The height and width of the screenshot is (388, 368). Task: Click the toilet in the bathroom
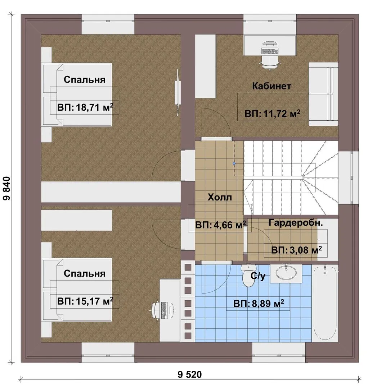tap(248, 276)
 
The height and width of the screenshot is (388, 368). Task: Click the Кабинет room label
tap(271, 86)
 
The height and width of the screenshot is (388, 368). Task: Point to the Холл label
tap(220, 197)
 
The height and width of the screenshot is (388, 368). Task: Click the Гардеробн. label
tap(296, 223)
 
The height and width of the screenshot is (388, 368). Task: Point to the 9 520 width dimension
tap(190, 374)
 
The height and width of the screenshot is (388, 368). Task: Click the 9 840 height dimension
tap(7, 188)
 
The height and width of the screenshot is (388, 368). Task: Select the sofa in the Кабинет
tap(323, 94)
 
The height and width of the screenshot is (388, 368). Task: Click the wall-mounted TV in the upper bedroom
tap(177, 92)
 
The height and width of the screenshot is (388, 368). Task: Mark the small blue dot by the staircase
tap(234, 163)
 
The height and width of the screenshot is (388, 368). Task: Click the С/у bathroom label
tap(258, 276)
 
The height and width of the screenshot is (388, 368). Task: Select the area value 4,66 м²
tap(228, 225)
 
